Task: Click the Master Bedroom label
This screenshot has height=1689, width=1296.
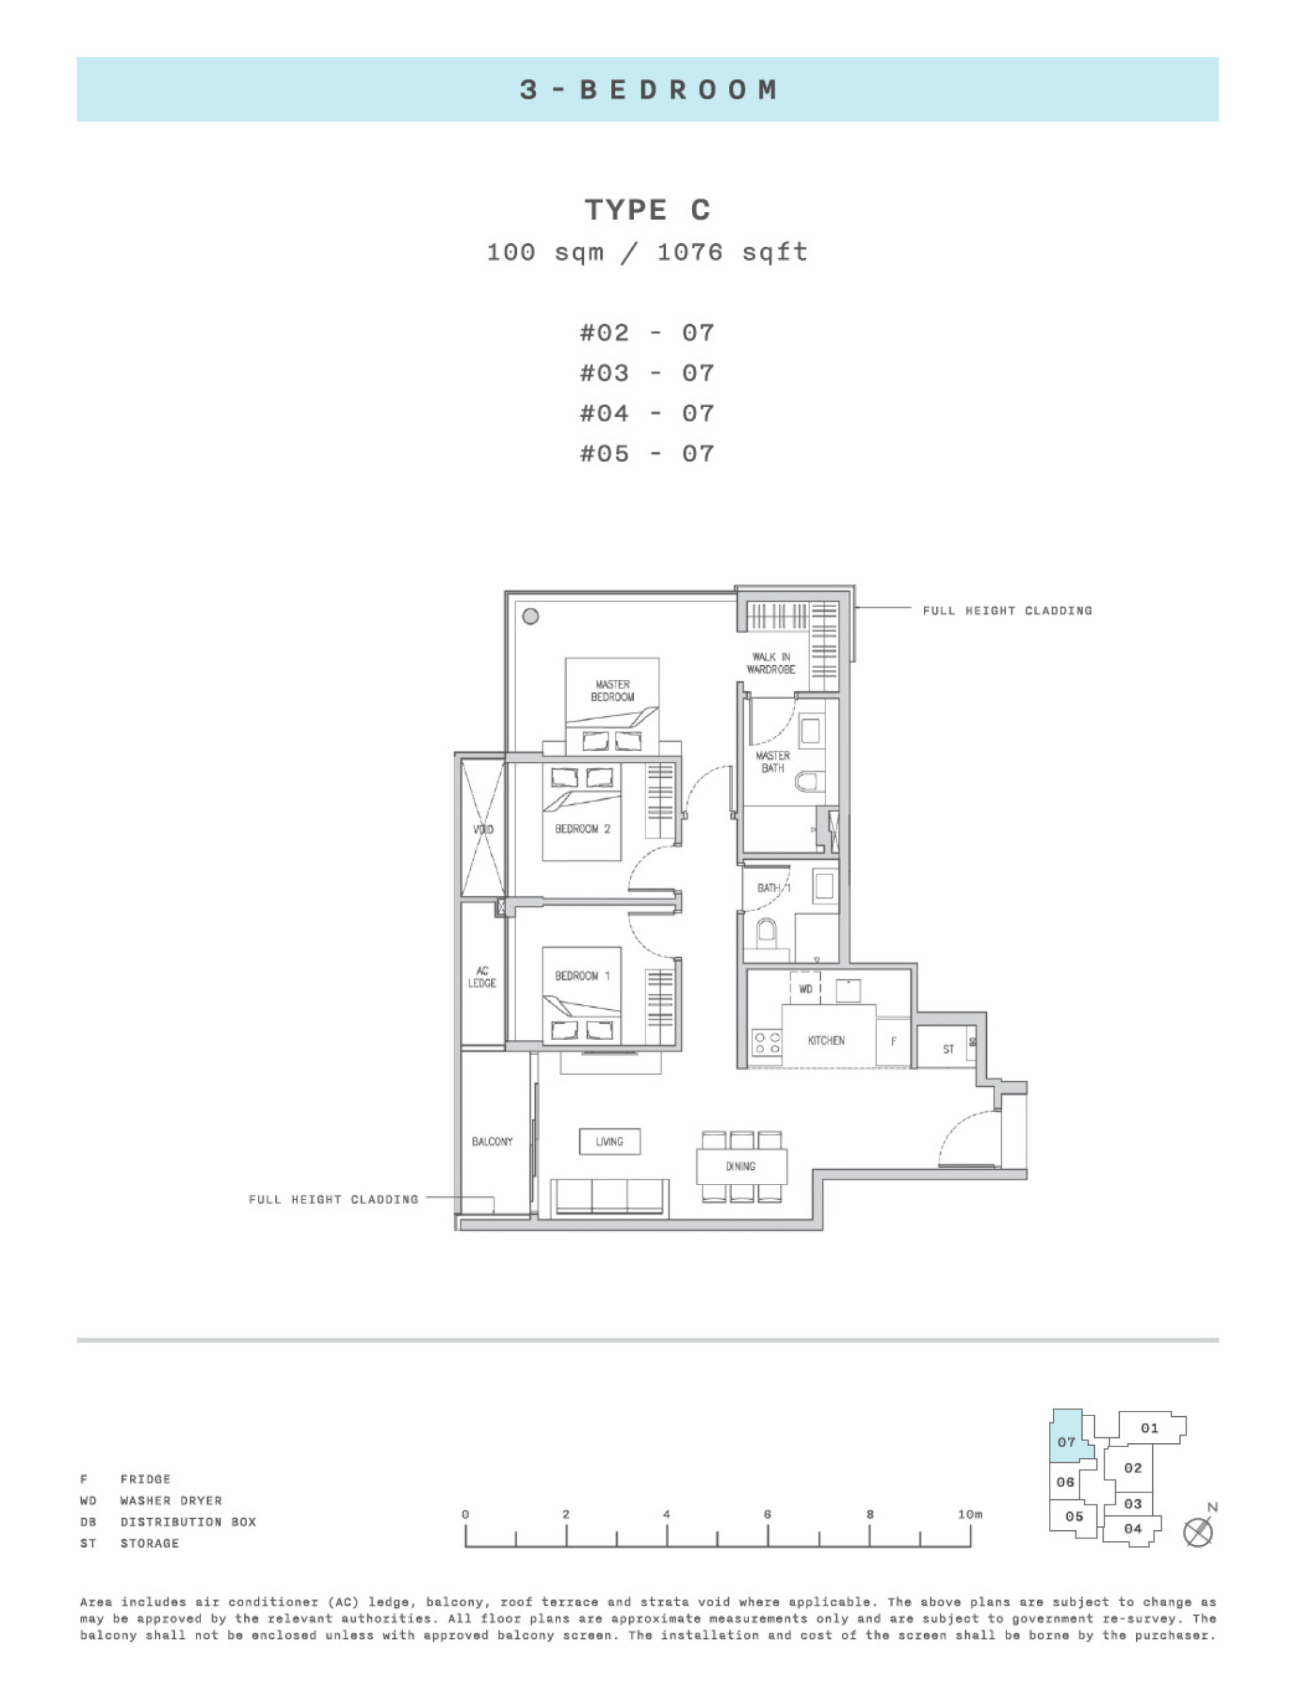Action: (x=612, y=691)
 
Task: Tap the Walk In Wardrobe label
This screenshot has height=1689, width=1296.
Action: (x=770, y=662)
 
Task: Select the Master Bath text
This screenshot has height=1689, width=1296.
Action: (x=772, y=762)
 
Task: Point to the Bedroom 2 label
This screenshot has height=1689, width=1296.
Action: (x=583, y=829)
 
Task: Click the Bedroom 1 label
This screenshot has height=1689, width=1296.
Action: (x=582, y=975)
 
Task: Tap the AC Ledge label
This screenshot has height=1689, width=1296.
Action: (x=482, y=977)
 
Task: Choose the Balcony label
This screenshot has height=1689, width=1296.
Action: (x=492, y=1141)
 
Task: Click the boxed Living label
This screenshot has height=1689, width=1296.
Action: (x=610, y=1141)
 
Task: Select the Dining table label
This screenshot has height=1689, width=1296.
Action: (x=740, y=1166)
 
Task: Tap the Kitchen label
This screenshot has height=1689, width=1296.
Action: (x=826, y=1040)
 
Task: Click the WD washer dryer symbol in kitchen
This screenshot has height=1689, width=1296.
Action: (x=805, y=989)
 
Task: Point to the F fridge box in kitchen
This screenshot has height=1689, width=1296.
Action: (x=893, y=1041)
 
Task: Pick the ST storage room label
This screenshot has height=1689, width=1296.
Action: (x=948, y=1049)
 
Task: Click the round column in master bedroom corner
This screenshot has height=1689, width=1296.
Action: (x=530, y=617)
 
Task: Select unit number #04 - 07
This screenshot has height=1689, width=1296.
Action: (x=647, y=413)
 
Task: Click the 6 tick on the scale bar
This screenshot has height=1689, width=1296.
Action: (x=767, y=1536)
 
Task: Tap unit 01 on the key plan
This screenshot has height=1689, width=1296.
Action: (x=1150, y=1428)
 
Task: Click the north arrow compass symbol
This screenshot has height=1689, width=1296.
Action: (x=1197, y=1532)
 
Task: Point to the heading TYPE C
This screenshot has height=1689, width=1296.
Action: (x=647, y=210)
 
